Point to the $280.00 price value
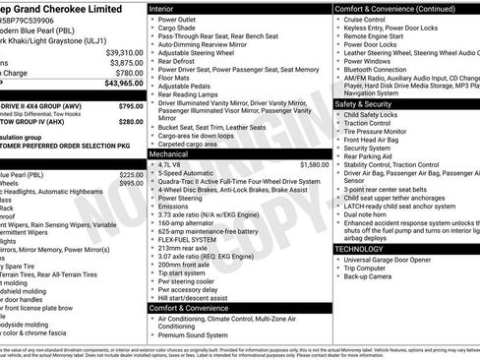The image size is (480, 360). pos(130,121)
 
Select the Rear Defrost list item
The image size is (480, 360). pos(178,61)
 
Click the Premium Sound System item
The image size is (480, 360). pos(194,334)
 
